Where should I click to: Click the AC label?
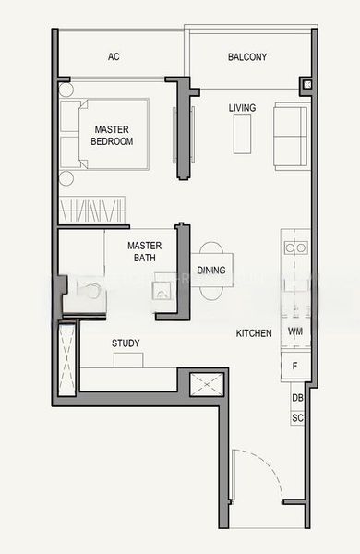coord(114,57)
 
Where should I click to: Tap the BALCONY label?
coord(247,57)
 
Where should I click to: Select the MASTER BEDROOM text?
coord(113,136)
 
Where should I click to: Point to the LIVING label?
coord(243,108)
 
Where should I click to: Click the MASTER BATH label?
coord(145,252)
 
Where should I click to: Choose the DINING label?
coord(211,271)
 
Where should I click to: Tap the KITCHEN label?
coord(254,333)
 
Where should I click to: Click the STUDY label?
coord(126,343)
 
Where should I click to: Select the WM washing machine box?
coord(295,331)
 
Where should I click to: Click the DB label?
coord(297,398)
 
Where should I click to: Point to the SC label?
coord(297,418)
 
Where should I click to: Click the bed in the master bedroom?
coord(104,134)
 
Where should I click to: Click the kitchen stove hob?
coord(295,247)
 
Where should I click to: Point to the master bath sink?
coord(162,294)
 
